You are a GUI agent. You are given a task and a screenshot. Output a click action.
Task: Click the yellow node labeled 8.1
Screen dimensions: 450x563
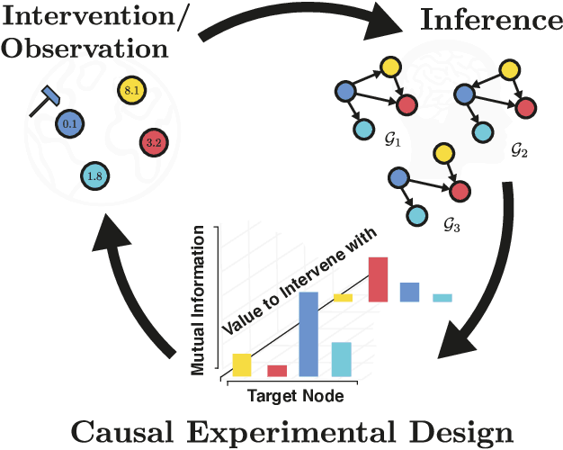click(x=130, y=90)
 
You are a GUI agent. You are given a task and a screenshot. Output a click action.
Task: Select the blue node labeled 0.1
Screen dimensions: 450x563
click(x=70, y=123)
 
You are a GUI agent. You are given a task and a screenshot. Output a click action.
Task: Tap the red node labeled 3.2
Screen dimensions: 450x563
click(x=153, y=142)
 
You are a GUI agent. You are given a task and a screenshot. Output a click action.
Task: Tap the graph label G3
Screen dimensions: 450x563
click(x=451, y=225)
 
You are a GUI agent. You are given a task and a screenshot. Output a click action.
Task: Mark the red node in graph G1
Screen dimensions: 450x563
click(x=407, y=103)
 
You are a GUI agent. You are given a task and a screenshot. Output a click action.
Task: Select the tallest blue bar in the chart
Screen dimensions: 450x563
click(x=308, y=333)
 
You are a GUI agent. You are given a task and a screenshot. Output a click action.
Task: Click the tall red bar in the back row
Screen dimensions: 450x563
click(x=378, y=279)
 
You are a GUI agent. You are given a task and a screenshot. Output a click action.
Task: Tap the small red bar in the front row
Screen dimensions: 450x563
click(x=277, y=370)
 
